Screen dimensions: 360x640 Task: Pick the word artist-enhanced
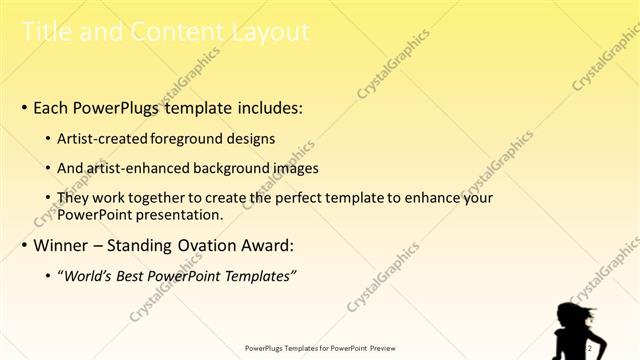coord(143,169)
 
